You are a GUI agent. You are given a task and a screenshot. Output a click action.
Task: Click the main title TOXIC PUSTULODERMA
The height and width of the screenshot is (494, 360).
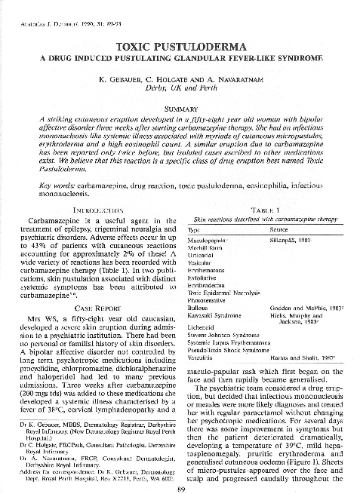tap(180, 47)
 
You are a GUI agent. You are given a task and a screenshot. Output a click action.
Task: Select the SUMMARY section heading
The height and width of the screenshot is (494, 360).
tap(180, 109)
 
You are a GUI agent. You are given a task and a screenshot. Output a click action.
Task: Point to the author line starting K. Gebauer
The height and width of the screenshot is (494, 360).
tap(180, 79)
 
